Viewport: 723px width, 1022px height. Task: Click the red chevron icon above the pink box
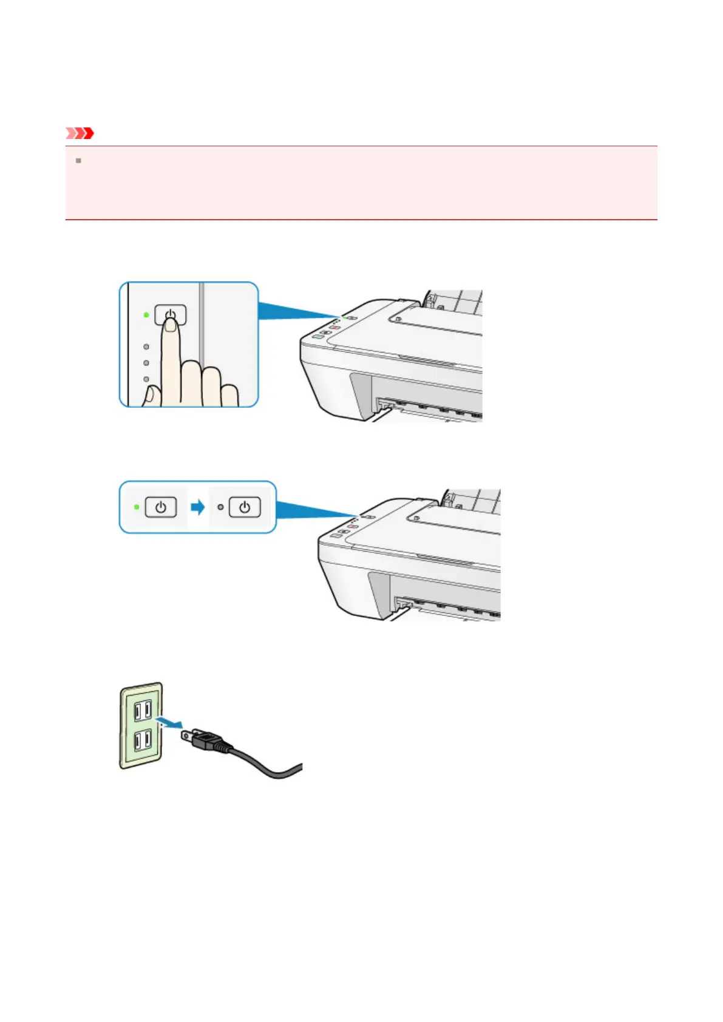(80, 133)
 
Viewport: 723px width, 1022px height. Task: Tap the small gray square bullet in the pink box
(78, 161)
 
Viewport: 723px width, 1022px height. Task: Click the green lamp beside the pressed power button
(146, 315)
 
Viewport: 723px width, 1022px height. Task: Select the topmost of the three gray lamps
(146, 347)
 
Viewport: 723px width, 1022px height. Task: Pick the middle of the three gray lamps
(146, 363)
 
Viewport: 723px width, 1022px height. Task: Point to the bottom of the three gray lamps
(146, 379)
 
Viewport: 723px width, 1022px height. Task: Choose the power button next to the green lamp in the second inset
(161, 507)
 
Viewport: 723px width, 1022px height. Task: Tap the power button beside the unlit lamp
(245, 507)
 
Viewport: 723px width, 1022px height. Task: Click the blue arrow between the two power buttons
(198, 507)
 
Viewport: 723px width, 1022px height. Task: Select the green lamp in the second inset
(137, 507)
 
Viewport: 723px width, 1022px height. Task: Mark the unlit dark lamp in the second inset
(220, 507)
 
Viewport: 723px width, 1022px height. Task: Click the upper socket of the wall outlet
(143, 710)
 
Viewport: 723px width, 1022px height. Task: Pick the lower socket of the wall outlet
(143, 740)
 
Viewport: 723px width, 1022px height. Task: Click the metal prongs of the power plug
(188, 736)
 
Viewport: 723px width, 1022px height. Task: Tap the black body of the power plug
(209, 742)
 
